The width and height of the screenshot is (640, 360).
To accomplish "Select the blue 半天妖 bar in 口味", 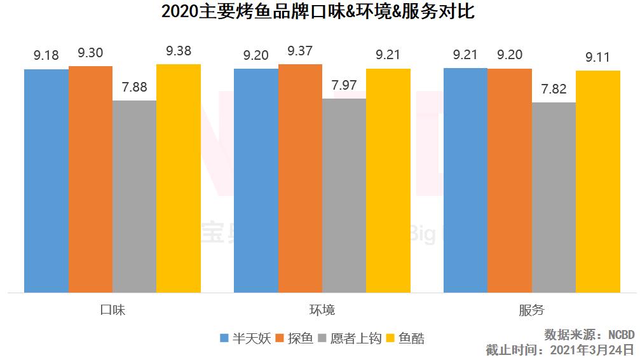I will [x=46, y=181].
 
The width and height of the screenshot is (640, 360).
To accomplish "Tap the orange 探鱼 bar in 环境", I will [x=300, y=178].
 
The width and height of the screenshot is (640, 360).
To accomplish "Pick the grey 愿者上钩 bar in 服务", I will [x=554, y=197].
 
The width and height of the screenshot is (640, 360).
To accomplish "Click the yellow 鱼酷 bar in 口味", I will [x=179, y=178].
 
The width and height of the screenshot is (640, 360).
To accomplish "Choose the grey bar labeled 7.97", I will [x=344, y=195].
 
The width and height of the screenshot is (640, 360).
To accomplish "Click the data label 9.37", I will [x=300, y=51].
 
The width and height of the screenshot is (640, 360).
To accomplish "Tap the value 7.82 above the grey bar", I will [x=554, y=89].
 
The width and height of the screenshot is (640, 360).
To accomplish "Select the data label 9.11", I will [x=597, y=58].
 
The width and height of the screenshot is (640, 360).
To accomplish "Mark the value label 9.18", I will [x=46, y=56].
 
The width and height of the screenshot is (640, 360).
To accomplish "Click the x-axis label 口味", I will [x=112, y=310].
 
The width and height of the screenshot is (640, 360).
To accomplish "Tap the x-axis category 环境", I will [x=322, y=310].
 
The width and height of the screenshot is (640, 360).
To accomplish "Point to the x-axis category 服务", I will [x=532, y=310].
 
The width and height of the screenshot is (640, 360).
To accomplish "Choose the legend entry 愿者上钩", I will [x=353, y=338].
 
